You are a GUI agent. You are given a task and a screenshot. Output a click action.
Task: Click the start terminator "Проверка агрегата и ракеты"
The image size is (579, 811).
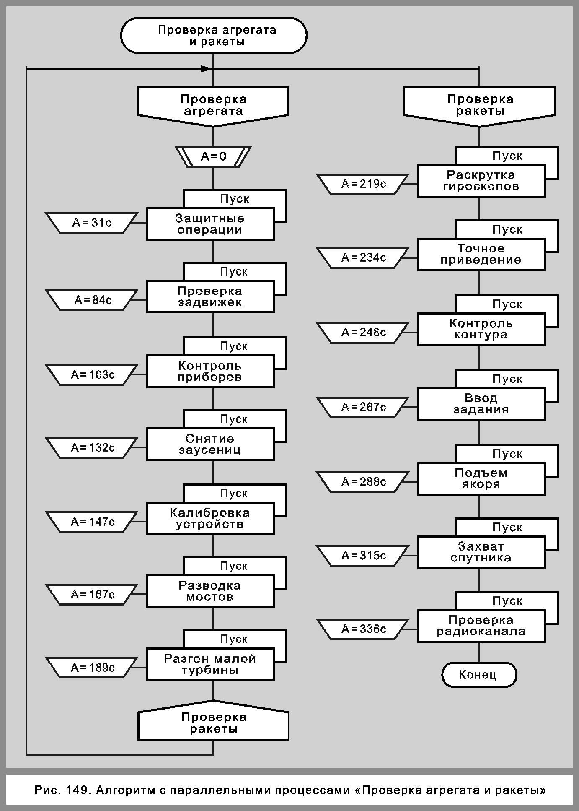click(x=214, y=36)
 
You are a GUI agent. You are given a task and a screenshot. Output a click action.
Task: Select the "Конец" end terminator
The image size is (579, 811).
click(x=479, y=675)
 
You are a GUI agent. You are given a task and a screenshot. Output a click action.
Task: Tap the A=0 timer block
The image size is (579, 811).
click(x=213, y=157)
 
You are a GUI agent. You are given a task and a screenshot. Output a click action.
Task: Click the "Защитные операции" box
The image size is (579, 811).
click(x=210, y=224)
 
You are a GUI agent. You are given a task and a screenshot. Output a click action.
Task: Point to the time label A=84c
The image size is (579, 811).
click(x=92, y=300)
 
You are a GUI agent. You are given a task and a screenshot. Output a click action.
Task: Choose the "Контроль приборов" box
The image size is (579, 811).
click(x=210, y=372)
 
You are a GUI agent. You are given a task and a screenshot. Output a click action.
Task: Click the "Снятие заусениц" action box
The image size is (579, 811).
click(x=210, y=444)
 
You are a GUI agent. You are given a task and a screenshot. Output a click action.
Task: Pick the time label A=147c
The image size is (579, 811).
click(x=92, y=522)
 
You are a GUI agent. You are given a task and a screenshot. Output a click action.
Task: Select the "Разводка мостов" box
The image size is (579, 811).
click(x=210, y=591)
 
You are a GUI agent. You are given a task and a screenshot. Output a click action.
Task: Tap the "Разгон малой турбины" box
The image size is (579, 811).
click(x=210, y=664)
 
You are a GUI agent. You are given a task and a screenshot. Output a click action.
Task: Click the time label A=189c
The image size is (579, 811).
click(x=92, y=668)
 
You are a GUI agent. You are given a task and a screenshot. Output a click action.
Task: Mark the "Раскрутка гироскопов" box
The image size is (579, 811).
click(x=481, y=181)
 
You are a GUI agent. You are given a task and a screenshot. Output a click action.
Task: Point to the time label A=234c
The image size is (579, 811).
click(x=363, y=257)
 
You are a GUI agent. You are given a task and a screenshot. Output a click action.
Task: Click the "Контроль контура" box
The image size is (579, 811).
click(x=481, y=329)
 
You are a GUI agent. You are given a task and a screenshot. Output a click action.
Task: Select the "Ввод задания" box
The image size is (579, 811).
click(x=481, y=404)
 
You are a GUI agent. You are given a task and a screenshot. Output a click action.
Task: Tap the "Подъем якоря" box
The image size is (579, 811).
click(x=481, y=479)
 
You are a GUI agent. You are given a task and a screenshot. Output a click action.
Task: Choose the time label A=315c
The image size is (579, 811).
click(x=363, y=556)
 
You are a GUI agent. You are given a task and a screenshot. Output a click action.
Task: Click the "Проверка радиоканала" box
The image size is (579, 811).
click(x=481, y=626)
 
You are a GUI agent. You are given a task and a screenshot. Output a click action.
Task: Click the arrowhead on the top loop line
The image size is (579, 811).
click(x=207, y=68)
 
